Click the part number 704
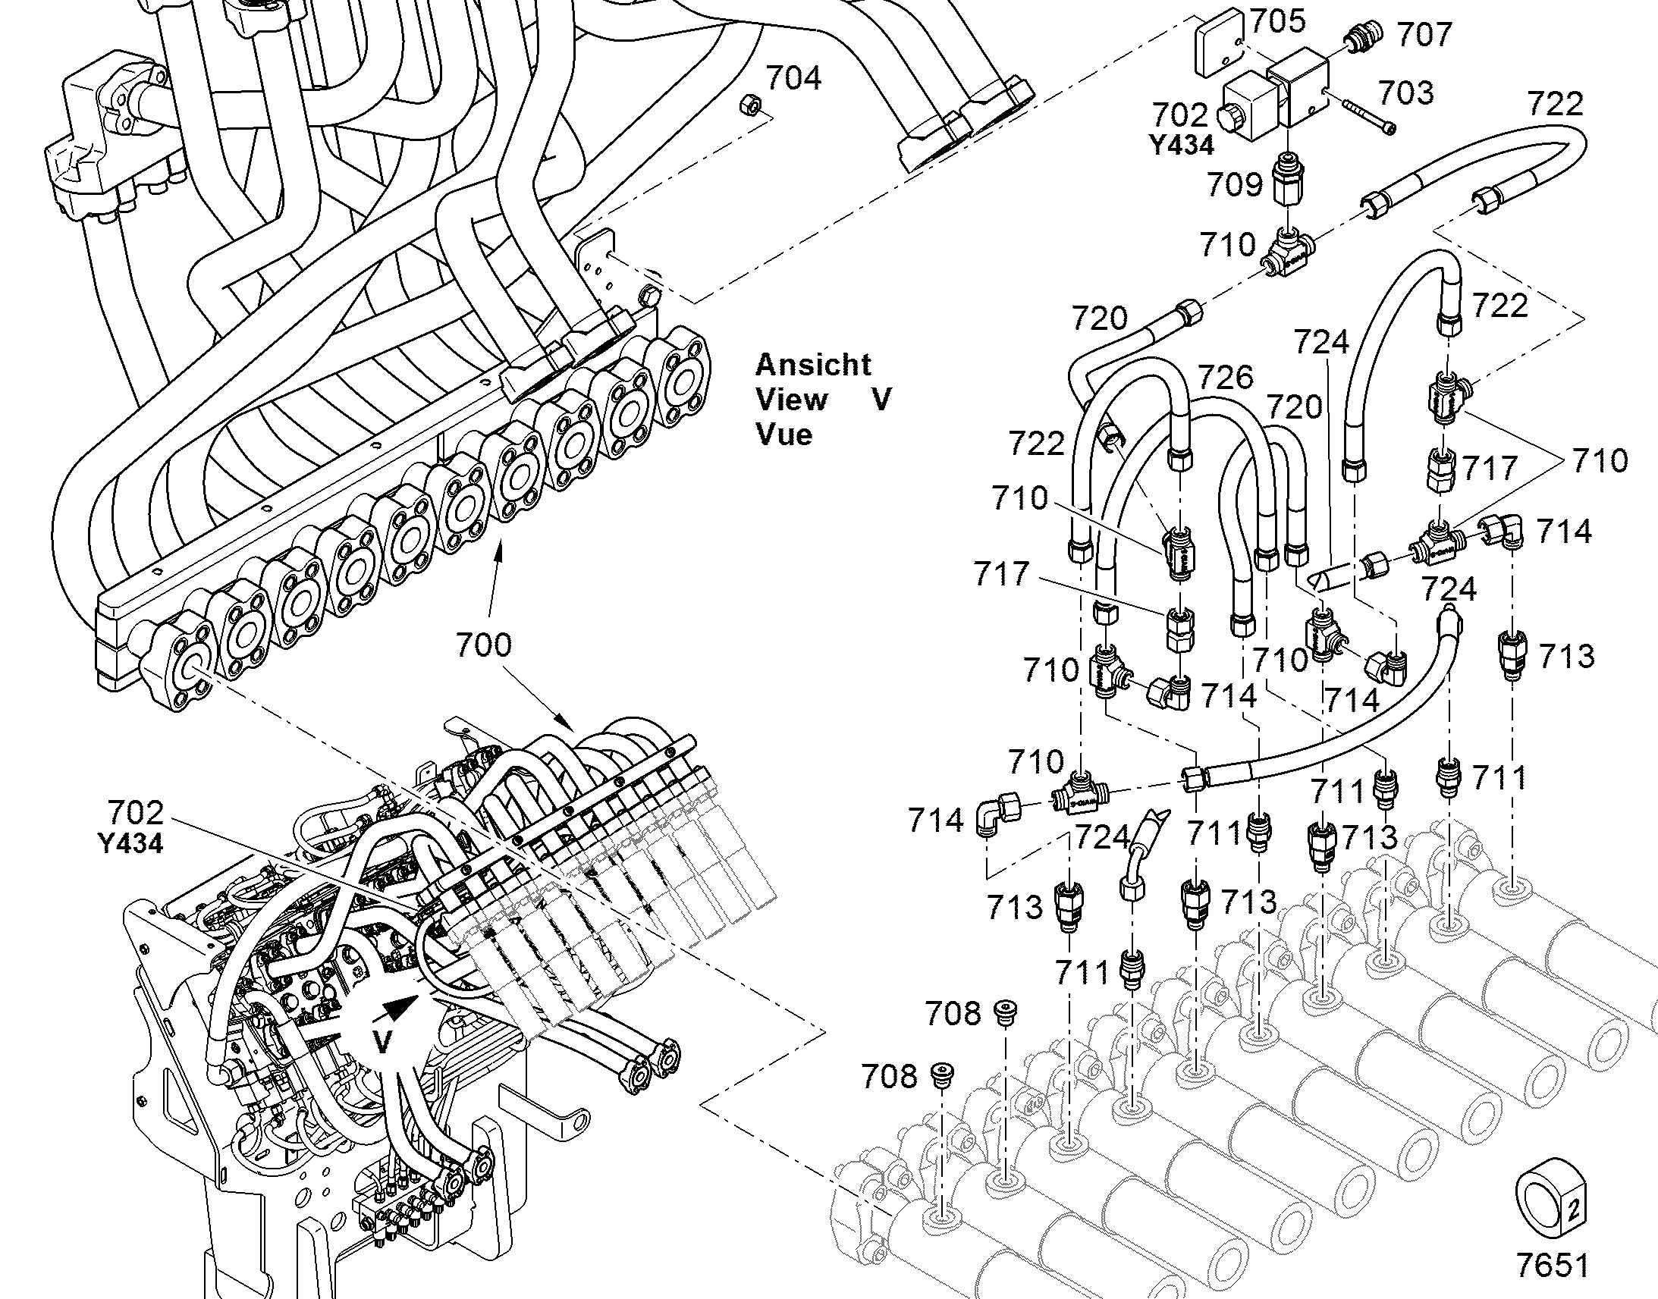pos(793,78)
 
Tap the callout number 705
pos(1278,22)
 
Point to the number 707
pos(1424,35)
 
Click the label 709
pos(1236,184)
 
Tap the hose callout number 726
pos(1226,377)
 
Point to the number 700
pos(484,645)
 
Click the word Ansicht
pos(812,365)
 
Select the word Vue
pos(784,435)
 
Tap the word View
pos(791,400)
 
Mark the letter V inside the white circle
pos(382,1041)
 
